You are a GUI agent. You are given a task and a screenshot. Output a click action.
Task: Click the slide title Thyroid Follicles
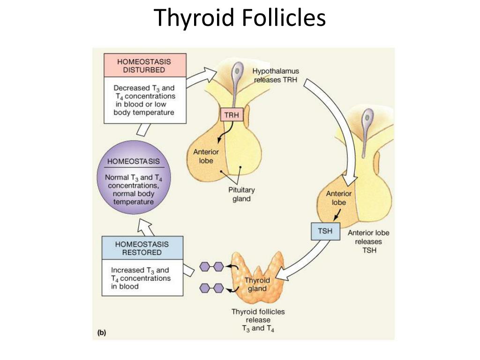(240, 18)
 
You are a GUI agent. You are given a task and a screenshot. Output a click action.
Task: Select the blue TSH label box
(325, 232)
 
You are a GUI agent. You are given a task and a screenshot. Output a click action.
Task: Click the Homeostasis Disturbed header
(144, 66)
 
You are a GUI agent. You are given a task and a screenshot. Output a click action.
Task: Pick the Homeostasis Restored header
(142, 248)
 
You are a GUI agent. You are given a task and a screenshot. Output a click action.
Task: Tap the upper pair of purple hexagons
(211, 267)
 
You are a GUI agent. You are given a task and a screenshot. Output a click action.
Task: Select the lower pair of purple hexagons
(211, 288)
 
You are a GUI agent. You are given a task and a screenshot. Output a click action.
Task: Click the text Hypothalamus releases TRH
(276, 75)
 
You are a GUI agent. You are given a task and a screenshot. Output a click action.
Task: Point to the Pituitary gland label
(241, 194)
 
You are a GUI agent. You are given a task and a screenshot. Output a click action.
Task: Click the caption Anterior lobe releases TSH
(368, 241)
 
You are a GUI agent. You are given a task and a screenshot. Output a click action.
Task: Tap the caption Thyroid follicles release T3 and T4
(258, 320)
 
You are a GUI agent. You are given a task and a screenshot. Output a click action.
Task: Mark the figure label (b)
(101, 333)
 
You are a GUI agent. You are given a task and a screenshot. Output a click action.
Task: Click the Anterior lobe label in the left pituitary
(206, 156)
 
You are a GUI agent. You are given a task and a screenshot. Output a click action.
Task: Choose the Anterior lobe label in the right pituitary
(338, 198)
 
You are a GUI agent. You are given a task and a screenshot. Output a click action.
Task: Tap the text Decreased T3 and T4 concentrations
(144, 100)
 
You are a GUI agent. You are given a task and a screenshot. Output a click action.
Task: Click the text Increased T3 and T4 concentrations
(141, 278)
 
